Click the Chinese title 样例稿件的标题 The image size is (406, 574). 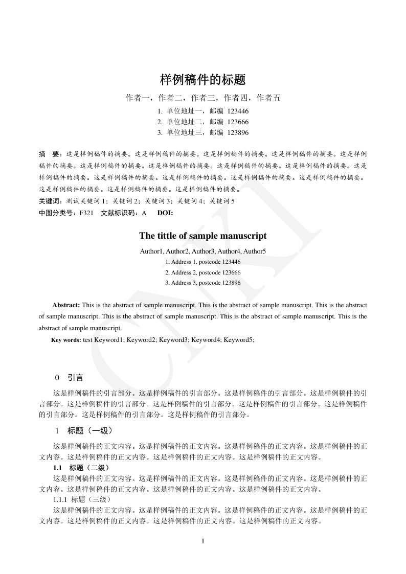203,80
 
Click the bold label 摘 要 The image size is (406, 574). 50,153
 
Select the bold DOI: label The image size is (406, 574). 165,213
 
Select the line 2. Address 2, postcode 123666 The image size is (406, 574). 203,272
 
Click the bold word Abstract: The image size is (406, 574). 66,305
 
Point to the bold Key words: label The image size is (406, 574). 66,339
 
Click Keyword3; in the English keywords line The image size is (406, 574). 174,339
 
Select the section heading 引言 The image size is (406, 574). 76,378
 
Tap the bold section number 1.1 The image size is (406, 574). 58,468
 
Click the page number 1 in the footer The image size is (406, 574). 203,541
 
